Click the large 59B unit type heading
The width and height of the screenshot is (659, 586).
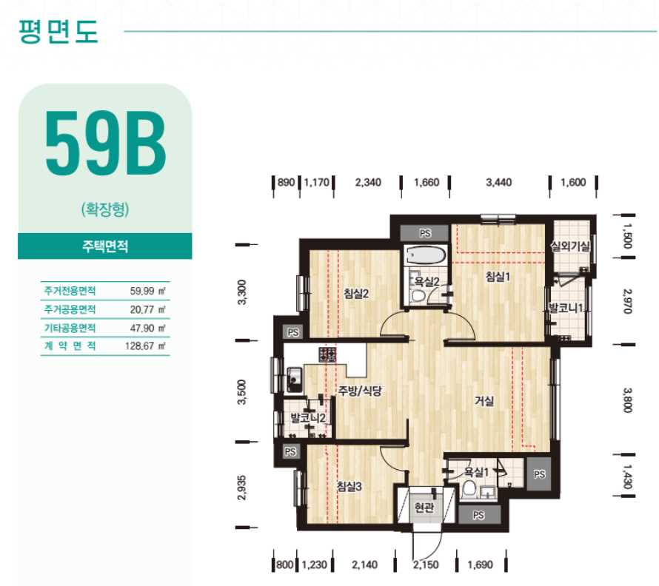coord(105,144)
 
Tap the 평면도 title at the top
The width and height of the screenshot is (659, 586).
coord(58,31)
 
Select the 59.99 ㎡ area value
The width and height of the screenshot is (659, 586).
coord(147,291)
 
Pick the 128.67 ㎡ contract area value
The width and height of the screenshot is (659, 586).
coord(145,346)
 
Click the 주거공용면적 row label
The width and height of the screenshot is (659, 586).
coord(70,309)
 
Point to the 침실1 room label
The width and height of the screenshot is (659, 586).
coord(498,277)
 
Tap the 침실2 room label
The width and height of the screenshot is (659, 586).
coord(356,293)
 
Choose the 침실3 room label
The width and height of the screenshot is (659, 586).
coord(349,486)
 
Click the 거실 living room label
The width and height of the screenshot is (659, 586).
coord(484,401)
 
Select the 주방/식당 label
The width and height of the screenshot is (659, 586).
coord(360,391)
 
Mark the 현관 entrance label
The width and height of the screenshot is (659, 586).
coord(424,508)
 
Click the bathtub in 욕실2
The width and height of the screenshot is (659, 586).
coord(425,256)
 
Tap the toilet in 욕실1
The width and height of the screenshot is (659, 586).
coord(469,489)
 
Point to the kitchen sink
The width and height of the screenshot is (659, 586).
coord(294,380)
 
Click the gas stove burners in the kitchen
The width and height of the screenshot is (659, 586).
coord(327,354)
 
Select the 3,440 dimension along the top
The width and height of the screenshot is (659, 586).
coord(498,183)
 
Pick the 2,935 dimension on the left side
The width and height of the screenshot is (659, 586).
coord(241,488)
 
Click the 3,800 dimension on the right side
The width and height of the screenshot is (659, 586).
coord(627,400)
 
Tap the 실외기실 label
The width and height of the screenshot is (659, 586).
coord(571,246)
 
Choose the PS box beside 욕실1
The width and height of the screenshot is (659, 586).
coord(539,474)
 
